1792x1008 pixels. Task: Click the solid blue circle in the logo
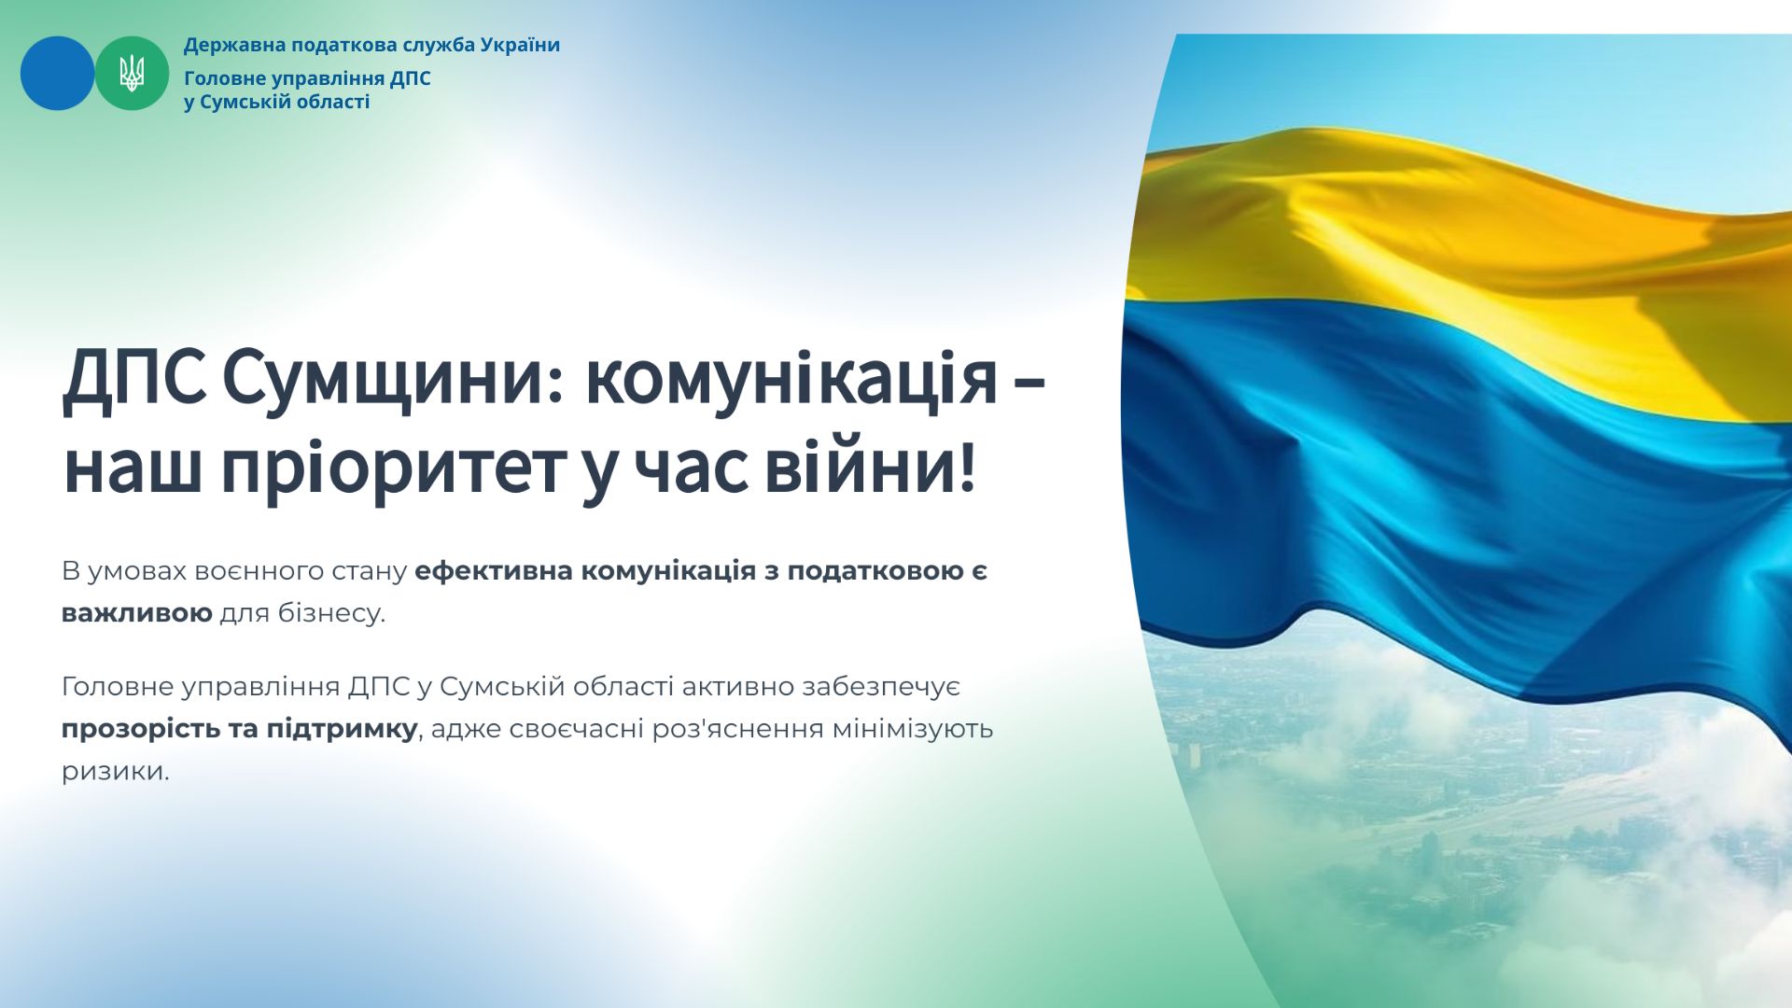pyautogui.click(x=57, y=73)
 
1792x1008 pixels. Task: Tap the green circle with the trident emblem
pyautogui.click(x=132, y=73)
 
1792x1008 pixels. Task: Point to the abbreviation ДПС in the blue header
pyautogui.click(x=410, y=78)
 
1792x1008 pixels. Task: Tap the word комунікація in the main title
pyautogui.click(x=791, y=378)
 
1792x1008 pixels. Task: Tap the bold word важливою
pyautogui.click(x=137, y=614)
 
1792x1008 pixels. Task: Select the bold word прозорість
pyautogui.click(x=141, y=729)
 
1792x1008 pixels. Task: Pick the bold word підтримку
pyautogui.click(x=342, y=729)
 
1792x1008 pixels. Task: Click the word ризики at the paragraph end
pyautogui.click(x=116, y=772)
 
